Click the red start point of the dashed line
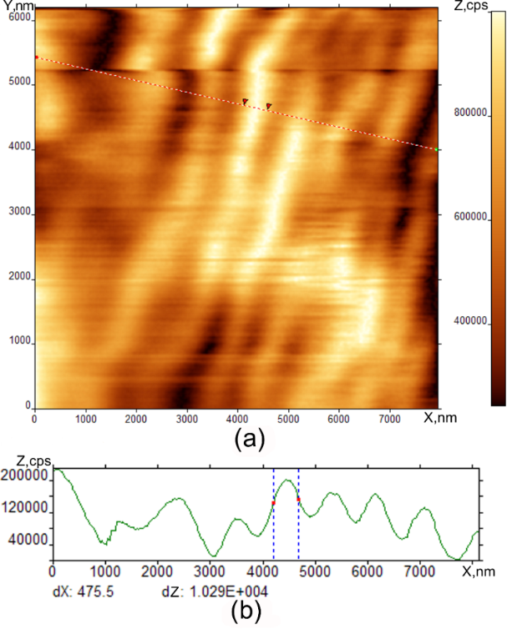click(x=36, y=57)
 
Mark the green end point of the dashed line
click(x=437, y=149)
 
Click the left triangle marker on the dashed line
click(x=245, y=102)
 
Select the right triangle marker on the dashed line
click(x=268, y=107)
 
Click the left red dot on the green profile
click(x=273, y=503)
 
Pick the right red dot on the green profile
click(x=298, y=499)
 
